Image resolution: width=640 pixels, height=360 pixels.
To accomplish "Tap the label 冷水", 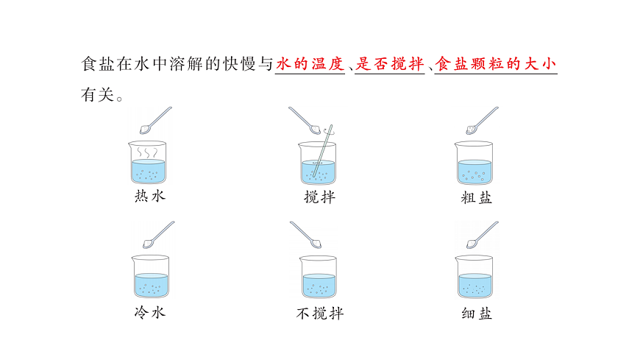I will pyautogui.click(x=150, y=312).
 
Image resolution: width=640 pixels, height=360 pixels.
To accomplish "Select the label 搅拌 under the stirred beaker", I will pyautogui.click(x=319, y=197).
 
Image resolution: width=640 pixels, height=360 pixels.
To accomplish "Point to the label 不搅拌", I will pyautogui.click(x=320, y=314).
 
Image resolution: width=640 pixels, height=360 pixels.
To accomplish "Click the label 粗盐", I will pyautogui.click(x=476, y=197).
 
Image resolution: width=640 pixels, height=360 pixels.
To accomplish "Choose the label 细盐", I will pyautogui.click(x=476, y=314).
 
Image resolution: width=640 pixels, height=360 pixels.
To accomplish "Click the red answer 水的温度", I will pyautogui.click(x=310, y=65).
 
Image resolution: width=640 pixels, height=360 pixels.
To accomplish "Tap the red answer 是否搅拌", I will pyautogui.click(x=390, y=65).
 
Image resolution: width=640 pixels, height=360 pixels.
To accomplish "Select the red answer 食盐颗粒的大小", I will pyautogui.click(x=496, y=65).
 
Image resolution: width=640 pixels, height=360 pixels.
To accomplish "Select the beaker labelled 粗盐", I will pyautogui.click(x=474, y=163).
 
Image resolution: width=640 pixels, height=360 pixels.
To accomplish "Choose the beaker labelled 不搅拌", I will pyautogui.click(x=319, y=277).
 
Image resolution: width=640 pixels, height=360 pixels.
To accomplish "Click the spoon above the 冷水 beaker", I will pyautogui.click(x=157, y=235).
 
